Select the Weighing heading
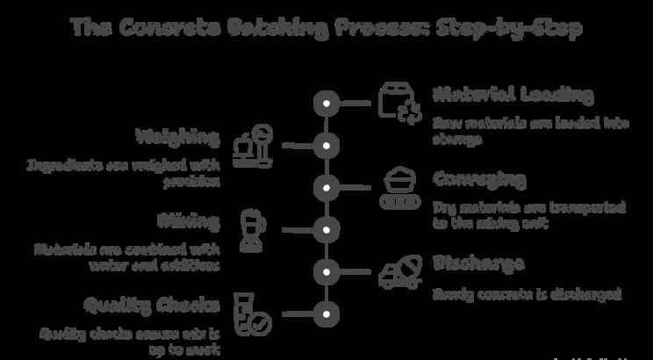pyautogui.click(x=177, y=137)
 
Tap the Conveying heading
pyautogui.click(x=479, y=179)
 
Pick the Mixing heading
pyautogui.click(x=189, y=220)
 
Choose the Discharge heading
pyautogui.click(x=478, y=263)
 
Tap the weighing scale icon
pyautogui.click(x=252, y=145)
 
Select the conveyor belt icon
pyautogui.click(x=399, y=187)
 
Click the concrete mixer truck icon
pyautogui.click(x=399, y=271)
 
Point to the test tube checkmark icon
pyautogui.click(x=252, y=313)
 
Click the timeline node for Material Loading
pyautogui.click(x=326, y=104)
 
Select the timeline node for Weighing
pyautogui.click(x=326, y=146)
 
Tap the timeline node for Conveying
pyautogui.click(x=326, y=188)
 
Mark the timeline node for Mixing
pyautogui.click(x=326, y=230)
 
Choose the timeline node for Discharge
pyautogui.click(x=326, y=271)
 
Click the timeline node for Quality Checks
pyautogui.click(x=326, y=313)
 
